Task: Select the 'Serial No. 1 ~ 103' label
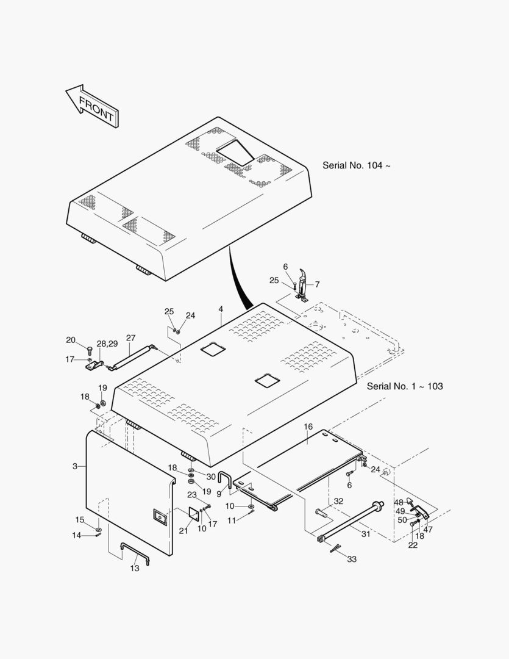[x=405, y=386]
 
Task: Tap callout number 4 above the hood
[x=221, y=310]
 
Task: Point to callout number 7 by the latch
[x=317, y=284]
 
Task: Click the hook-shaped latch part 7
[x=303, y=283]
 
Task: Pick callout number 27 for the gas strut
[x=130, y=338]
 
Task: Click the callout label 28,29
[x=107, y=344]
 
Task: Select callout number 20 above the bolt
[x=71, y=340]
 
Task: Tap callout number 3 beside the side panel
[x=75, y=466]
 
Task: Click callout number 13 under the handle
[x=135, y=568]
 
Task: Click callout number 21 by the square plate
[x=183, y=530]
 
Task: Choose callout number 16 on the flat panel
[x=308, y=427]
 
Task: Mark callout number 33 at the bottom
[x=352, y=559]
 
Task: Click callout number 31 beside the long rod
[x=366, y=534]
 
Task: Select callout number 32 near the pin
[x=339, y=502]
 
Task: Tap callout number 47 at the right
[x=428, y=530]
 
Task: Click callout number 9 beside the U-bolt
[x=219, y=494]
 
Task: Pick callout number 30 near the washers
[x=211, y=477]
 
